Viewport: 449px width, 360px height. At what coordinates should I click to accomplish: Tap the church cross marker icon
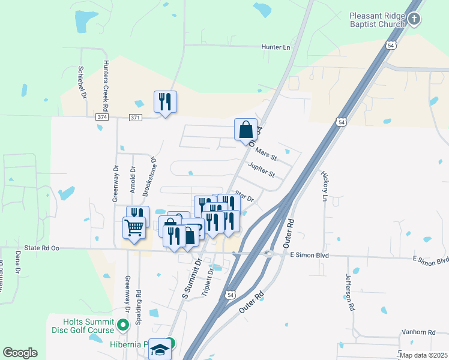[x=414, y=19]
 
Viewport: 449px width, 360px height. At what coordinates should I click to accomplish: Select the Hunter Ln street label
[x=276, y=47]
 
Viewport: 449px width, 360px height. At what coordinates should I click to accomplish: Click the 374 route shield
[x=102, y=118]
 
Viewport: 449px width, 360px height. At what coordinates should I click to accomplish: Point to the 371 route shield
[x=135, y=118]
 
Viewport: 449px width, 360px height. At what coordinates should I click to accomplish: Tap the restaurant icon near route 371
[x=164, y=102]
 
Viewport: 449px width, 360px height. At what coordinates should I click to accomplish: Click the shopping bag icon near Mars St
[x=246, y=130]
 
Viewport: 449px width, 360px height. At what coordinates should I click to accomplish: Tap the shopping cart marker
[x=134, y=227]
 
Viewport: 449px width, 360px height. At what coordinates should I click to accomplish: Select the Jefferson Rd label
[x=349, y=292]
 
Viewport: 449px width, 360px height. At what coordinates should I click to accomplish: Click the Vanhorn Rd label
[x=418, y=332]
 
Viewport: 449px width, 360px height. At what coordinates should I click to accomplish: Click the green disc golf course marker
[x=123, y=326]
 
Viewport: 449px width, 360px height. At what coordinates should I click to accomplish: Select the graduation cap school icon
[x=160, y=350]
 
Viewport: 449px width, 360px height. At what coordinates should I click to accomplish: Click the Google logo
[x=20, y=353]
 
